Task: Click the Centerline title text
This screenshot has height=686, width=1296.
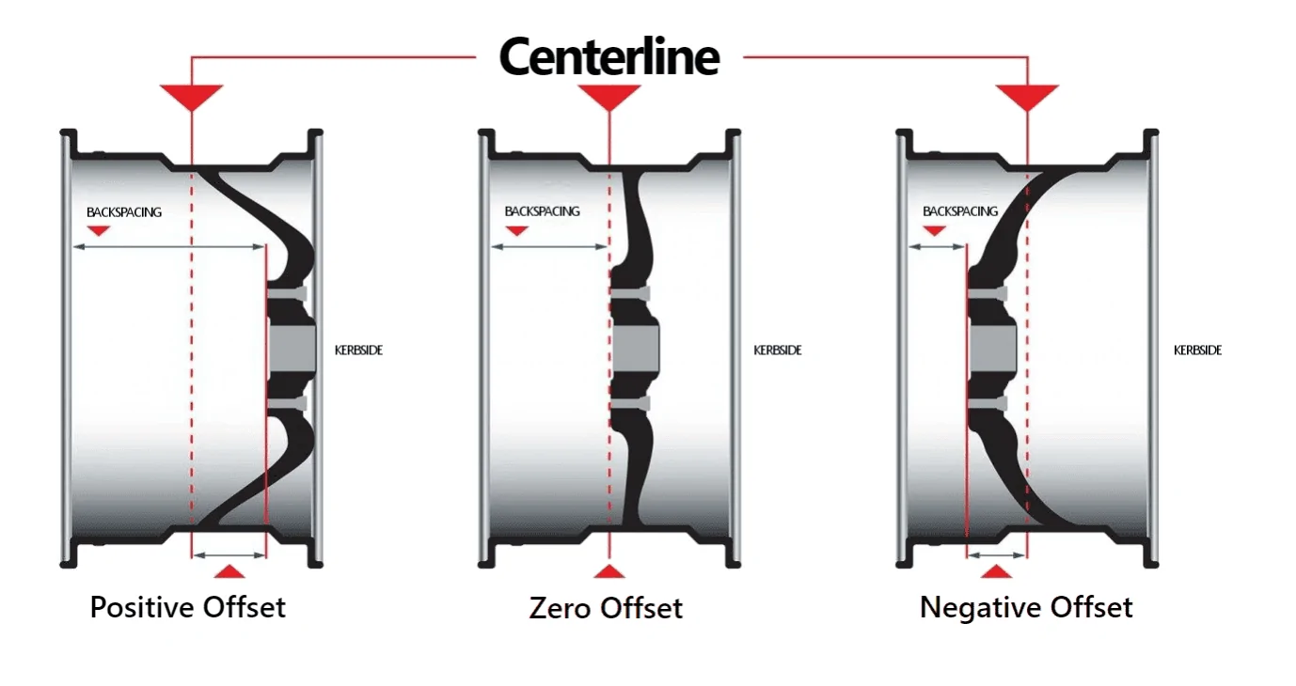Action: [609, 56]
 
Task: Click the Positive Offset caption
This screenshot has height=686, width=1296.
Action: [188, 607]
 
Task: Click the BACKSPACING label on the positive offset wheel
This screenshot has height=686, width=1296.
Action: [124, 212]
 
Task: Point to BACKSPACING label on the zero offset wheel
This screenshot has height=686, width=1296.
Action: [542, 211]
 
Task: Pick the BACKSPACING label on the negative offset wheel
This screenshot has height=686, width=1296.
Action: [960, 211]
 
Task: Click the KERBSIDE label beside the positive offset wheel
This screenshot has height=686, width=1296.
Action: [358, 351]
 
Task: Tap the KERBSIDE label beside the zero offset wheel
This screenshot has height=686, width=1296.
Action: [778, 351]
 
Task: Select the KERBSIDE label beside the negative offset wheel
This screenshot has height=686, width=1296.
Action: [1197, 351]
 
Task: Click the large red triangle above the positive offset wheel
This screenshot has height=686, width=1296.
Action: [192, 95]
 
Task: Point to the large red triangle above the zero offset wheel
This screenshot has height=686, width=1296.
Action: [609, 95]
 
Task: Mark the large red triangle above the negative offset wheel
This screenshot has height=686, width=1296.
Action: [1028, 95]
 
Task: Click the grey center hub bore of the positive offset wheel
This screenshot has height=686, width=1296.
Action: [292, 349]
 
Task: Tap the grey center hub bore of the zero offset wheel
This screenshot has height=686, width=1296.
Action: [635, 349]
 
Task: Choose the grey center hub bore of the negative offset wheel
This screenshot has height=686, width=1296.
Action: [993, 349]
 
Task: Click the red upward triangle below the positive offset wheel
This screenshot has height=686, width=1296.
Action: [229, 572]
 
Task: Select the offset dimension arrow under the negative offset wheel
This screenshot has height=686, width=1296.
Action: [997, 555]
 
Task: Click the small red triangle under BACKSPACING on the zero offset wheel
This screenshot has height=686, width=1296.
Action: [516, 231]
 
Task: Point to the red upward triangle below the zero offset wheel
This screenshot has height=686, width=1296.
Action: [609, 572]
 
